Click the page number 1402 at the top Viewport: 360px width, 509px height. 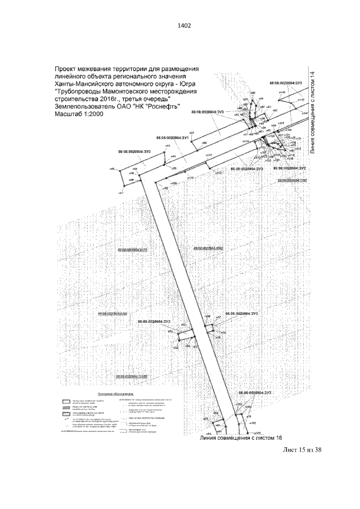pos(180,26)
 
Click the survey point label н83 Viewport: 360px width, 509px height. pos(192,133)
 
